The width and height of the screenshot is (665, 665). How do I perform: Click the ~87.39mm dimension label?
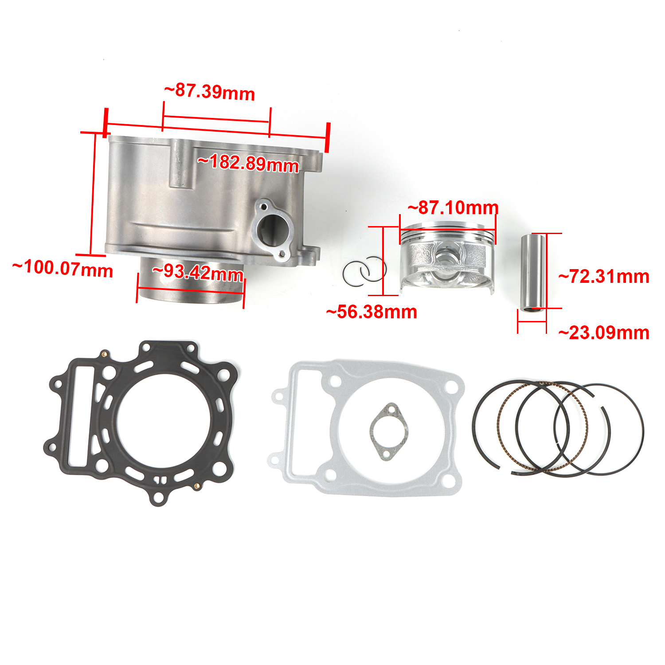[x=210, y=92]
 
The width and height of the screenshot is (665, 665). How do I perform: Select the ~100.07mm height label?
[x=63, y=269]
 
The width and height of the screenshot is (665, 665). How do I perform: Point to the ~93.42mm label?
[x=198, y=272]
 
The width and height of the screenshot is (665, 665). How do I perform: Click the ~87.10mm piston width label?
[x=453, y=207]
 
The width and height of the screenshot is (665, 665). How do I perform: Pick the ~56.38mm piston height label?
[x=372, y=312]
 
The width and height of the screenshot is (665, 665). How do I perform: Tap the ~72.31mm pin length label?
[x=604, y=277]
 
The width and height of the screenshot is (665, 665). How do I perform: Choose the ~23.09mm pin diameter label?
[x=604, y=333]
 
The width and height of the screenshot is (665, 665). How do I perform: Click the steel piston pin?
[x=533, y=273]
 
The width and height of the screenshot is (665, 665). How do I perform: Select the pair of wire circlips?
[x=364, y=271]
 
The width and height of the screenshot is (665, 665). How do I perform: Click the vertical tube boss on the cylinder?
[x=180, y=164]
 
